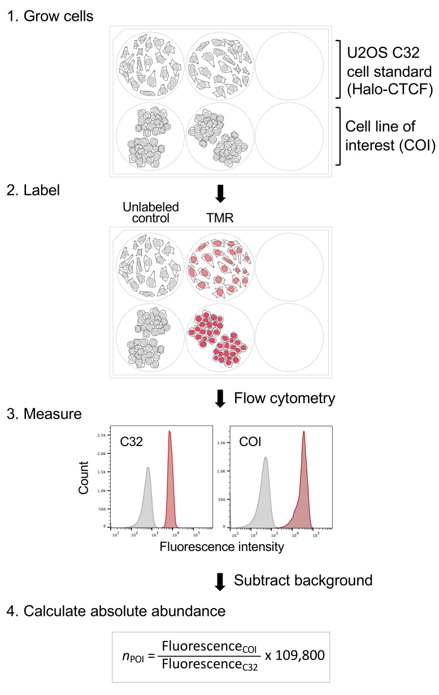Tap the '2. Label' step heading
[33, 191]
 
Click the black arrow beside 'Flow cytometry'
[221, 399]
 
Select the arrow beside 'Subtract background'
[221, 581]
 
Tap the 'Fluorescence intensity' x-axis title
[212, 547]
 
